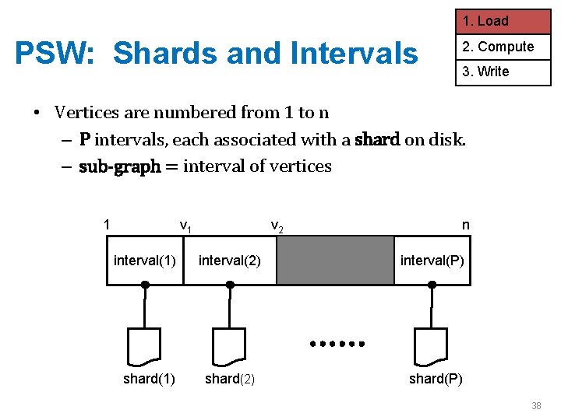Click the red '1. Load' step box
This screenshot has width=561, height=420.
[x=503, y=21]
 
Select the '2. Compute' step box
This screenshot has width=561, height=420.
[x=503, y=47]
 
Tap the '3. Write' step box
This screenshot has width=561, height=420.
[x=503, y=72]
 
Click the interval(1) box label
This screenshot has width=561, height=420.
[x=145, y=260]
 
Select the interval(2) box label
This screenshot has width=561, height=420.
[x=230, y=260]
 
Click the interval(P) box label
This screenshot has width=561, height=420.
[x=432, y=260]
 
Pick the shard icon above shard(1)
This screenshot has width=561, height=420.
[x=144, y=346]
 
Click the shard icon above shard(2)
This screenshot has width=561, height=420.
[x=229, y=346]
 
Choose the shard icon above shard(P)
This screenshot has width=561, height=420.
[x=432, y=346]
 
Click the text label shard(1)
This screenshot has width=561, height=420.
[x=149, y=379]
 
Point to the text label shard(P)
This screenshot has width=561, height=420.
[x=436, y=379]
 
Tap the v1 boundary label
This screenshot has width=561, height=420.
[x=185, y=226]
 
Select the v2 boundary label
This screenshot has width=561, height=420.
[x=277, y=226]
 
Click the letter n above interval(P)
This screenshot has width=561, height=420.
[x=465, y=225]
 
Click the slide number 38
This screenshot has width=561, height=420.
[x=536, y=405]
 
